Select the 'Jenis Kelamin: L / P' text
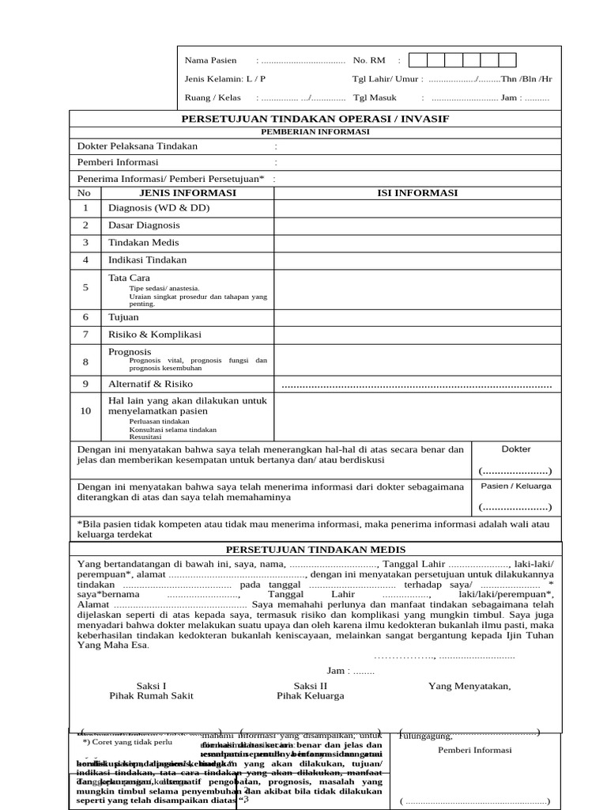pyautogui.click(x=225, y=79)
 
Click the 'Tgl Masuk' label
pyautogui.click(x=375, y=98)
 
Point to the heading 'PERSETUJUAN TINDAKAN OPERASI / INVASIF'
pyautogui.click(x=316, y=119)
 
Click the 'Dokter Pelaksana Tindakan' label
pyautogui.click(x=138, y=146)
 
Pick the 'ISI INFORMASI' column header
pyautogui.click(x=418, y=193)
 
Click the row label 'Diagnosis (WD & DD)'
pyautogui.click(x=159, y=208)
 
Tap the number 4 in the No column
pyautogui.click(x=85, y=260)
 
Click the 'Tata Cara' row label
pyautogui.click(x=129, y=278)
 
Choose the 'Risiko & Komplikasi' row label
pyautogui.click(x=155, y=335)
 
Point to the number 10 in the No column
pyautogui.click(x=85, y=411)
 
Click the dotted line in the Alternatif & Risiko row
pyautogui.click(x=417, y=385)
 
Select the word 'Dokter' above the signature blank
pyautogui.click(x=516, y=449)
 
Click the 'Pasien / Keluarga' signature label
pyautogui.click(x=516, y=486)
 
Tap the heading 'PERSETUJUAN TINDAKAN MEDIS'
pyautogui.click(x=316, y=550)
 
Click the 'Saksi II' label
pyautogui.click(x=310, y=686)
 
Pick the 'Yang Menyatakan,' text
pyautogui.click(x=469, y=686)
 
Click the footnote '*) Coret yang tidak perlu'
pyautogui.click(x=127, y=742)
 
